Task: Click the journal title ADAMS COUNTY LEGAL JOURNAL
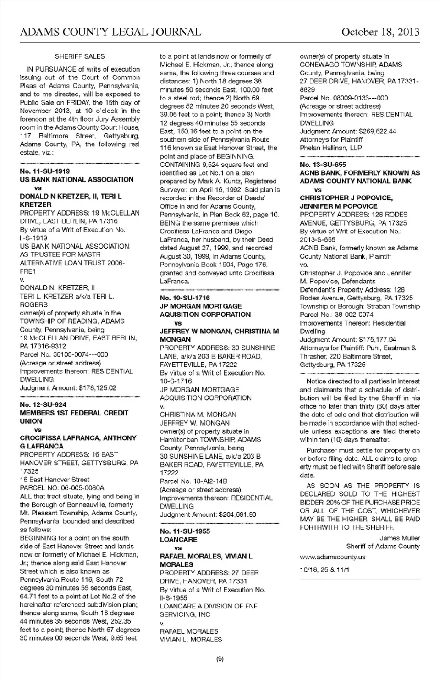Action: click(x=110, y=32)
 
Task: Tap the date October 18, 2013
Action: click(x=380, y=32)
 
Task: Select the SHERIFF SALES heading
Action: click(x=80, y=56)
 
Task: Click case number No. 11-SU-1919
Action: click(x=45, y=171)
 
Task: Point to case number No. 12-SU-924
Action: click(x=43, y=404)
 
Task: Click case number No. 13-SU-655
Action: click(x=323, y=165)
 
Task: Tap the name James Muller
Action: click(x=400, y=538)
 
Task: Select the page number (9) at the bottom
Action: click(x=220, y=659)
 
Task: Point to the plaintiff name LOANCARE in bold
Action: click(x=178, y=540)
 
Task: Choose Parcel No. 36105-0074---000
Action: click(x=64, y=354)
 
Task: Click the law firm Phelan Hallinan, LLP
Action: click(x=331, y=148)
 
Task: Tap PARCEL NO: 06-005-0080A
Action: click(x=62, y=488)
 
